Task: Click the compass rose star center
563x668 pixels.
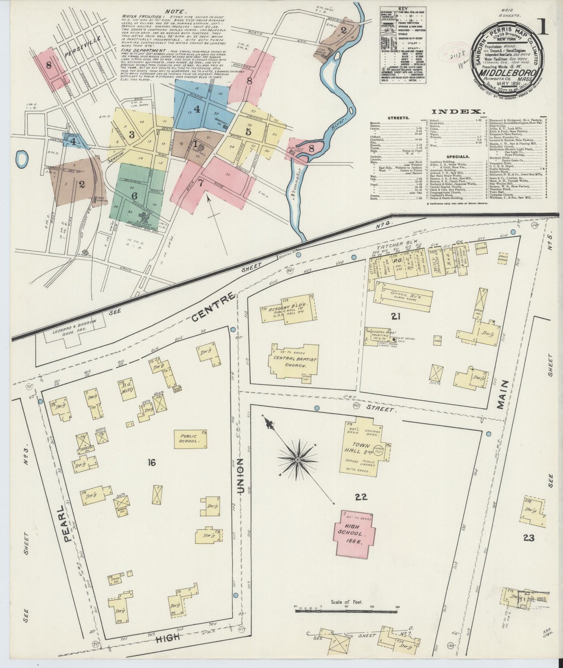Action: (x=298, y=460)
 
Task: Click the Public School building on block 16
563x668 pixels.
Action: (x=191, y=439)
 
